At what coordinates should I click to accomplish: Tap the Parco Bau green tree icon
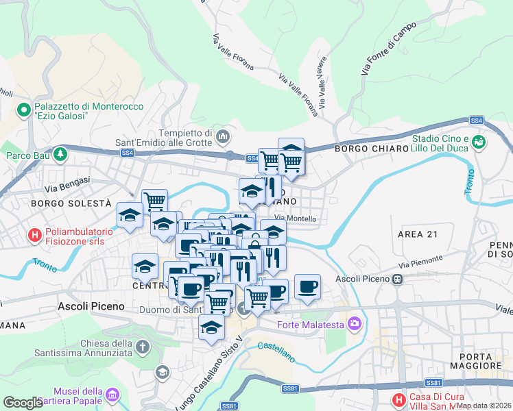tap(60, 153)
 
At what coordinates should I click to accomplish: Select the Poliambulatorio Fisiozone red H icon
tap(34, 236)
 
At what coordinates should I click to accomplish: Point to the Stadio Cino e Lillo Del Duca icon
tap(478, 142)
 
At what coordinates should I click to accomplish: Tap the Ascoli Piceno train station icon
tap(397, 279)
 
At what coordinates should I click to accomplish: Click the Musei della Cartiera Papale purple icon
tap(112, 395)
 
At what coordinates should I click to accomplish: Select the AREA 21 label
tap(417, 234)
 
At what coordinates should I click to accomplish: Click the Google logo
tap(23, 403)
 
